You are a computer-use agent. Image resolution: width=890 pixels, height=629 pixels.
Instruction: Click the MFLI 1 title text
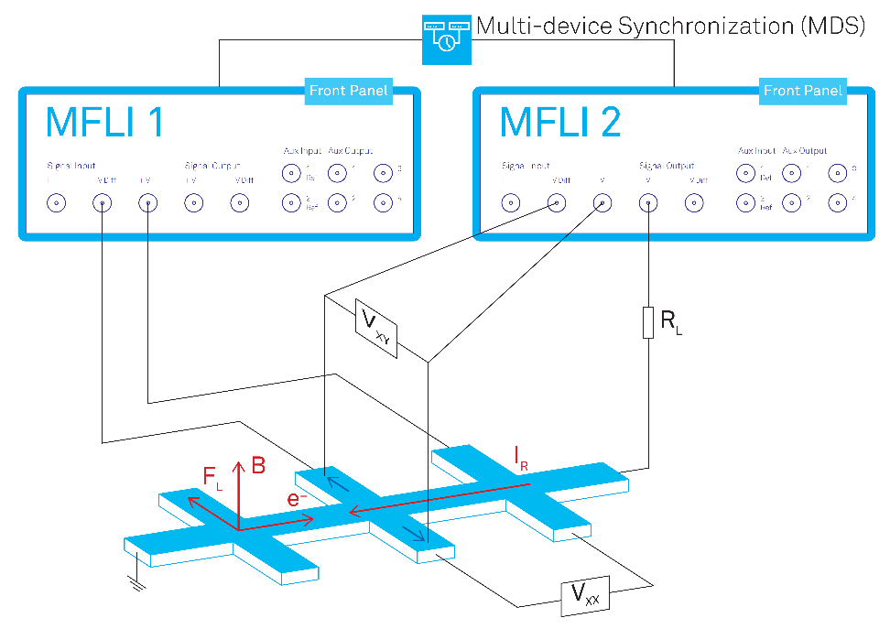coord(104,122)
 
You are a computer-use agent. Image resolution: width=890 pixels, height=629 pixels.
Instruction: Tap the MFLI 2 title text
coord(559,122)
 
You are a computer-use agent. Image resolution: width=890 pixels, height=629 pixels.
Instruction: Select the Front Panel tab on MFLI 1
coord(349,90)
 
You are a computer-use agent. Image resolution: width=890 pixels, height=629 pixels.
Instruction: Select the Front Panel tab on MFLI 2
coord(803,90)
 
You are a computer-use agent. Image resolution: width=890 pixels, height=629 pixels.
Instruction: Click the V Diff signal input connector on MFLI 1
coord(102,204)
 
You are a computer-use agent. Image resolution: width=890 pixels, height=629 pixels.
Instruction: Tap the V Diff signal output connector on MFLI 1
coord(243,204)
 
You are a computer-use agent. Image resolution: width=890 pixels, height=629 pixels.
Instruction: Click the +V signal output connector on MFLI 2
coord(647,204)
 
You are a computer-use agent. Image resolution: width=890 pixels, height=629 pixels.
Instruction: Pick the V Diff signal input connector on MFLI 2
coord(554,204)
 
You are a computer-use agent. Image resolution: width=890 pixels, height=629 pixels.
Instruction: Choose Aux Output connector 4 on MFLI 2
coord(837,202)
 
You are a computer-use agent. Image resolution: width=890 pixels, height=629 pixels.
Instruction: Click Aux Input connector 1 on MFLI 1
coord(291,172)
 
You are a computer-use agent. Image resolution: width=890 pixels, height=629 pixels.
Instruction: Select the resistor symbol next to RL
coord(647,323)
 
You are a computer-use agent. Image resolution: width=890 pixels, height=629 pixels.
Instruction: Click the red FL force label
coord(212,476)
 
